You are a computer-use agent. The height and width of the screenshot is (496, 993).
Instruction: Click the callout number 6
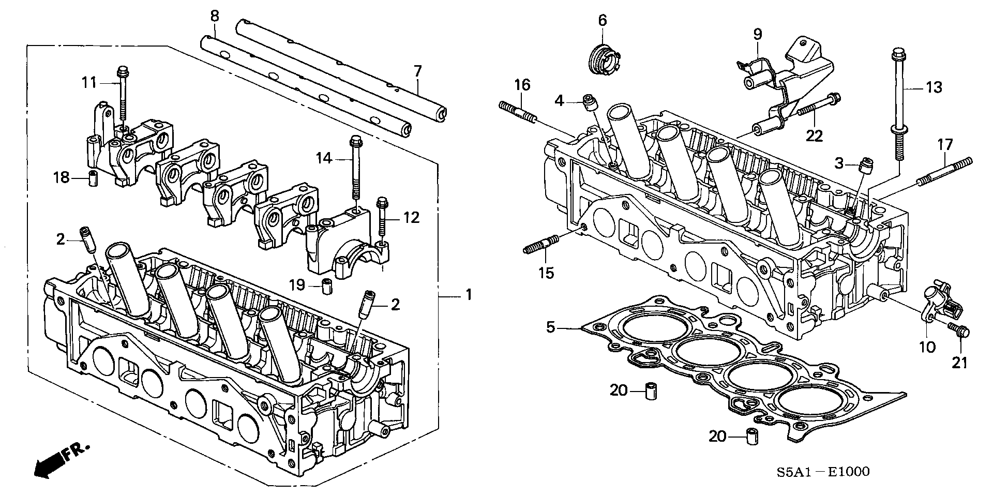pos(602,21)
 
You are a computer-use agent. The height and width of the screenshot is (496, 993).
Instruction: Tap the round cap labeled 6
pos(604,61)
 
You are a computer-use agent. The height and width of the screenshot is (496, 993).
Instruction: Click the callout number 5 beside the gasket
pos(551,327)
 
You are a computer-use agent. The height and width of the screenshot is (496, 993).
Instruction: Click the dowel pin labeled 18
pos(93,177)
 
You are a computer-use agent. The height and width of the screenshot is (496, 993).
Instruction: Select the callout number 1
pos(469,295)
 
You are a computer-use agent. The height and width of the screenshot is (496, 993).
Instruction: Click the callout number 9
pos(757,35)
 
